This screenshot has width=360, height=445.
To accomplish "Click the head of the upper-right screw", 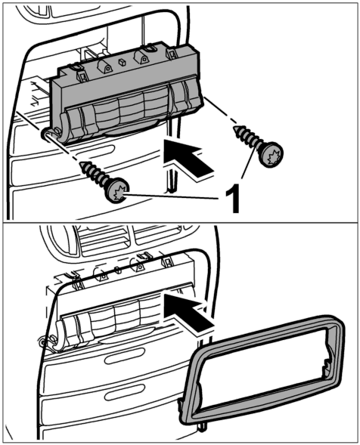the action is click(272, 154).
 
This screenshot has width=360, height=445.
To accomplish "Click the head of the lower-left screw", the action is click(118, 190).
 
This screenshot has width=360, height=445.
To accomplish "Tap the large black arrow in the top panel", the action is click(188, 158).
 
